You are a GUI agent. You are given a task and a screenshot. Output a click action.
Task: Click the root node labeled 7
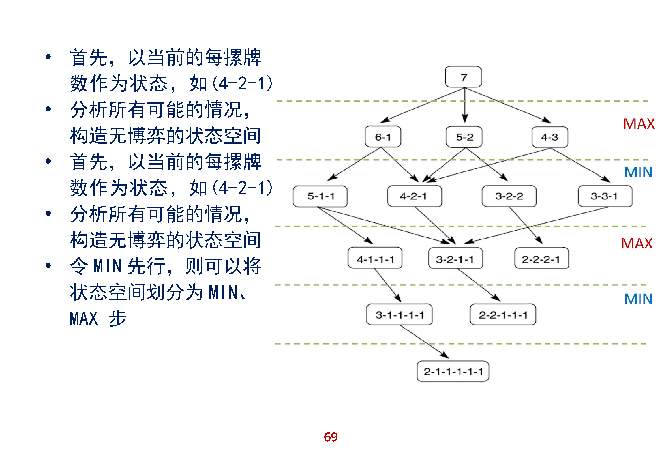click(x=463, y=77)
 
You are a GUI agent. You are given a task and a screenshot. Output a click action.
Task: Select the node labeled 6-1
click(x=383, y=137)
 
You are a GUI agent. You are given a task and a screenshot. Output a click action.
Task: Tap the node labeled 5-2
click(x=464, y=137)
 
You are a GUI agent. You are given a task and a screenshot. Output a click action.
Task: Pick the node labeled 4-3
click(x=550, y=137)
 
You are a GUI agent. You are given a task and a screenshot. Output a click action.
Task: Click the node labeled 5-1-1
click(x=320, y=196)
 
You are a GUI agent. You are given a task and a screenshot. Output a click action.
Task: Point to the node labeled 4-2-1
click(x=414, y=196)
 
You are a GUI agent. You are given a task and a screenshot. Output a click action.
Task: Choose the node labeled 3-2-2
click(x=509, y=196)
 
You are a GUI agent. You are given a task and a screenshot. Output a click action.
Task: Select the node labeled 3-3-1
click(x=605, y=196)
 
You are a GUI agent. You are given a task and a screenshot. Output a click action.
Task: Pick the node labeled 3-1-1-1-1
click(x=399, y=314)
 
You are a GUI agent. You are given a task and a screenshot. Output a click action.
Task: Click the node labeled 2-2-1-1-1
click(x=503, y=314)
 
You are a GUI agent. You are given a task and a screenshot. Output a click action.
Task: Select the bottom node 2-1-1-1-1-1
click(x=453, y=371)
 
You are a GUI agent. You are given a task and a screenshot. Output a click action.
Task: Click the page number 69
click(x=331, y=437)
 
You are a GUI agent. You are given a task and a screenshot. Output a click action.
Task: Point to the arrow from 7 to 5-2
click(x=465, y=105)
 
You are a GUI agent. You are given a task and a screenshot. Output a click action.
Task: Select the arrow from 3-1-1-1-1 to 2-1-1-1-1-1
click(x=424, y=342)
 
